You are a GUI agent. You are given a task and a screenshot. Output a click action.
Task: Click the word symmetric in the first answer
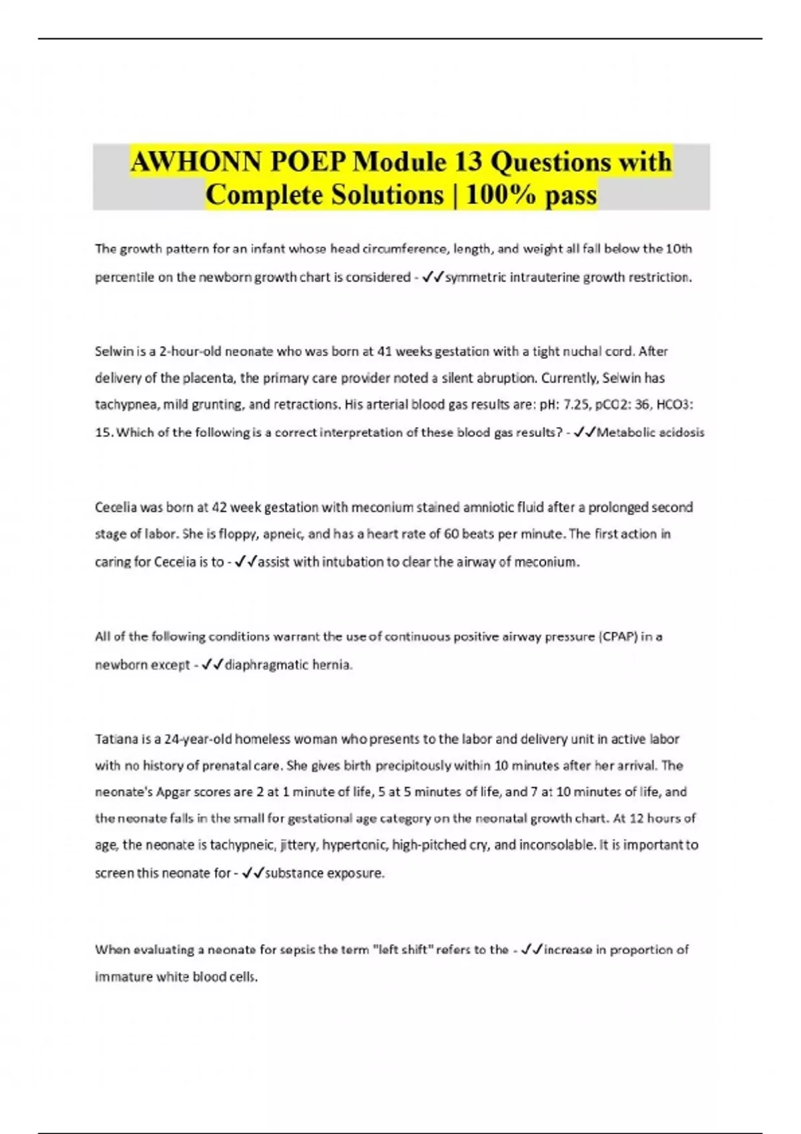475,277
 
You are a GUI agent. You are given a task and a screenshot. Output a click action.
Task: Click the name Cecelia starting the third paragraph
115,508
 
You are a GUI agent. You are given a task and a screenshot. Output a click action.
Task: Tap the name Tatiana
115,739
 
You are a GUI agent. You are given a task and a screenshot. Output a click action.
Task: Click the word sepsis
283,950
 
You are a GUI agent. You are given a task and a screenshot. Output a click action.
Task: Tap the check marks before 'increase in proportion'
533,950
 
